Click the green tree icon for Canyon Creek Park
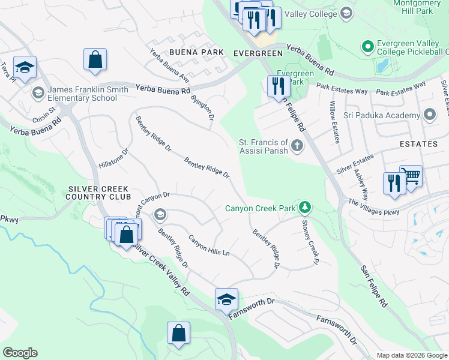coord(306,208)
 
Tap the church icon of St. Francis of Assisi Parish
coord(297,146)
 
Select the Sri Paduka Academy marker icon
coord(429,115)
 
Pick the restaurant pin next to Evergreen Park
coord(278,86)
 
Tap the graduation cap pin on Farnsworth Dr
coord(226,299)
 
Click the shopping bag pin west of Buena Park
coord(95,59)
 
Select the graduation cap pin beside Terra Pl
coord(25,67)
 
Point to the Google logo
coord(20,353)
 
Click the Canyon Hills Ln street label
coord(209,245)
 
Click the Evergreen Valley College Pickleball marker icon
coord(367,46)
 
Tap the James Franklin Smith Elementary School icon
coord(38,92)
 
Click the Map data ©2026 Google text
coord(412,355)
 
